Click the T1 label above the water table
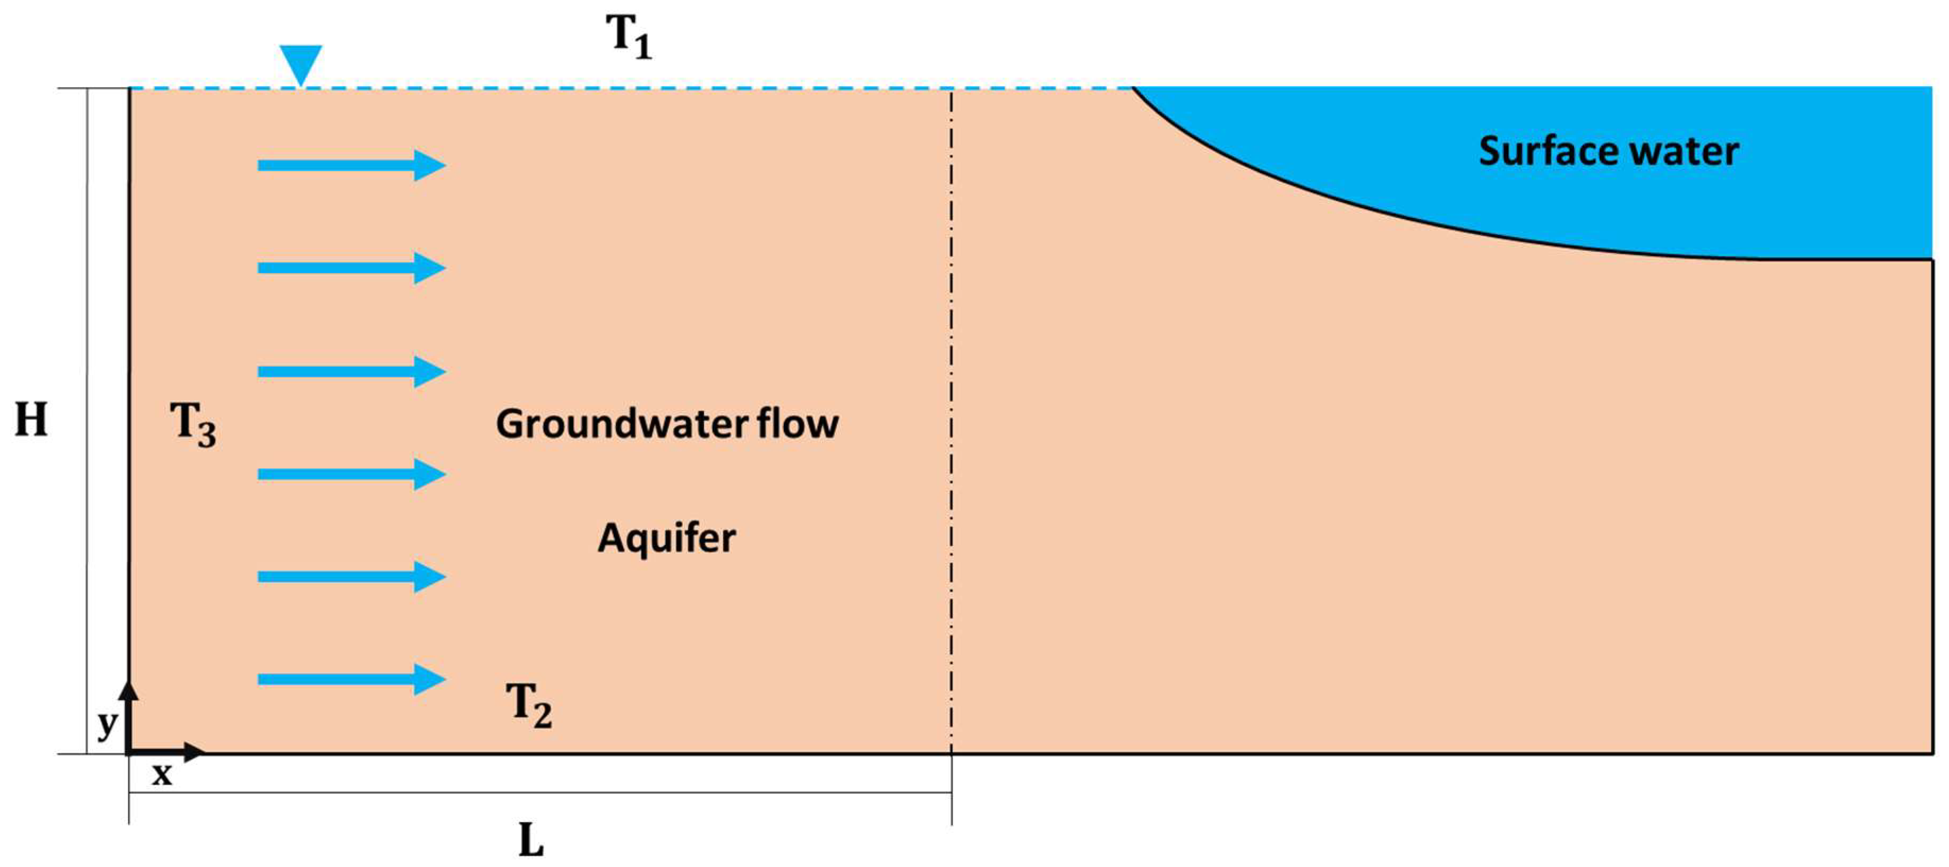(x=628, y=36)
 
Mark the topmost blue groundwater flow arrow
(x=351, y=165)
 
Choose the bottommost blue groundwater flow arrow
(x=351, y=679)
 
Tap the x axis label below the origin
(x=161, y=774)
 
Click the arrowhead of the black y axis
(x=129, y=689)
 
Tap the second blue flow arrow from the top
(x=351, y=268)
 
